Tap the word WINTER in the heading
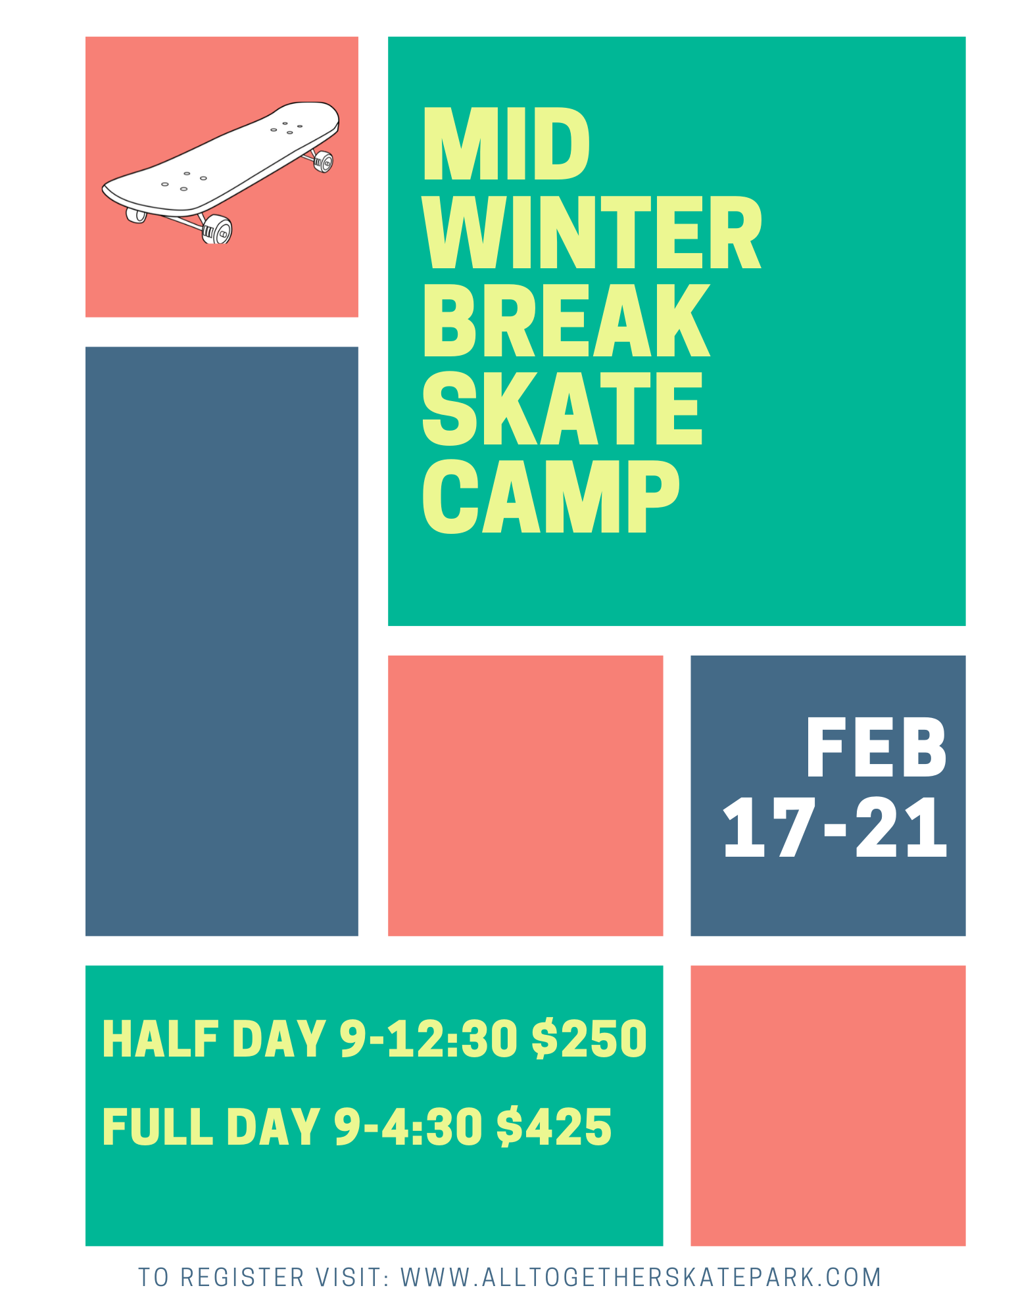click(x=592, y=231)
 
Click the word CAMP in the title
click(x=551, y=496)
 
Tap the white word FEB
click(x=876, y=748)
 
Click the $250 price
click(x=589, y=1039)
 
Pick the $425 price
click(x=554, y=1126)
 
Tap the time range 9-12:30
click(x=428, y=1039)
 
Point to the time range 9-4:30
click(x=408, y=1126)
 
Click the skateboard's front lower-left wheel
click(x=217, y=229)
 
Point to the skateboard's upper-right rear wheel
click(x=323, y=162)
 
